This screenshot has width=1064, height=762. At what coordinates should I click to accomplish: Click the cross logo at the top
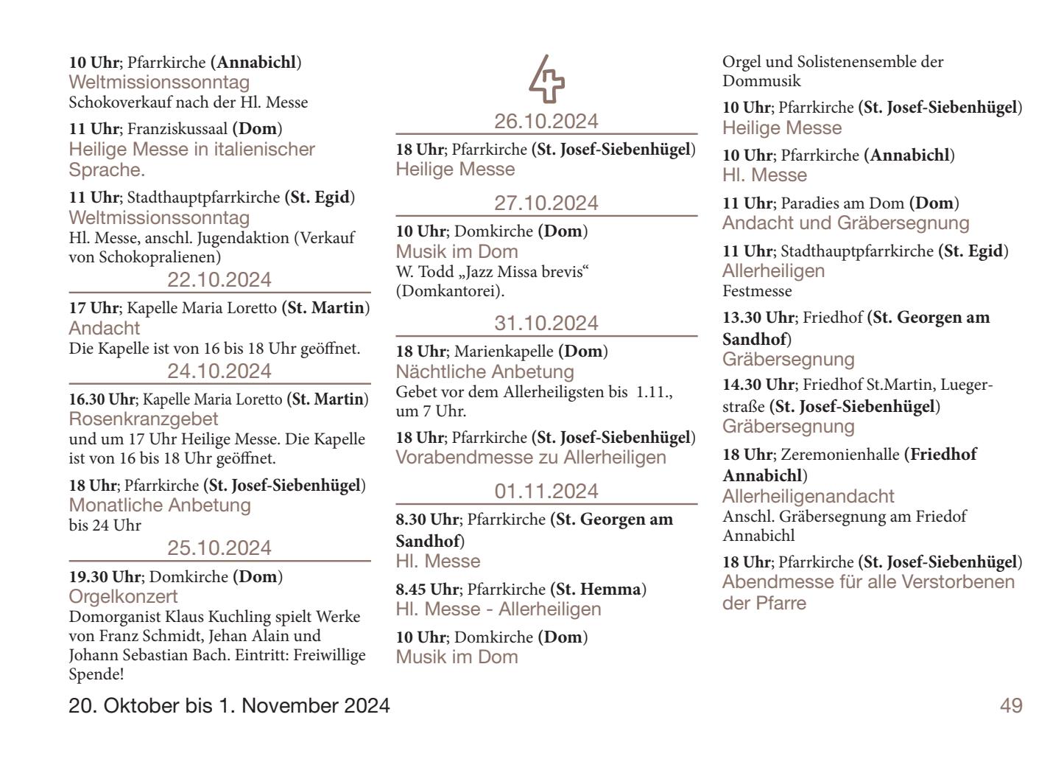[x=546, y=79]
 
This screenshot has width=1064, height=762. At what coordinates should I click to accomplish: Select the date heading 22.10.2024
[x=219, y=280]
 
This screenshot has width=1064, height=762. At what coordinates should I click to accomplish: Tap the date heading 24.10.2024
[x=219, y=371]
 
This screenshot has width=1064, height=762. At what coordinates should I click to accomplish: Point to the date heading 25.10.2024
[x=219, y=548]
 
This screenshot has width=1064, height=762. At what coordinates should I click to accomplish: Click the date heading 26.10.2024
[x=546, y=121]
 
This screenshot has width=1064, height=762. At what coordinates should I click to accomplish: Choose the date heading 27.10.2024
[x=546, y=203]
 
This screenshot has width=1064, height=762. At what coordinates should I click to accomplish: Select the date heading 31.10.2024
[x=546, y=324]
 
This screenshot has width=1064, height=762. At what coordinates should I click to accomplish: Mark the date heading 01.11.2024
[x=546, y=492]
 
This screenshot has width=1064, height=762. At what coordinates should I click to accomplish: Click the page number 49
[x=1010, y=706]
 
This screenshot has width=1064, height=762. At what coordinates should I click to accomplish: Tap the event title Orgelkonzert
[x=124, y=596]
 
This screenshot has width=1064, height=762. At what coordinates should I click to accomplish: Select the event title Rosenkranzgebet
[x=144, y=419]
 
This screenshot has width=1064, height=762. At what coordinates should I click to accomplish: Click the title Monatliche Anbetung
[x=160, y=506]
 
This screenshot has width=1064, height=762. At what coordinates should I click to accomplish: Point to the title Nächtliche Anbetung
[x=485, y=371]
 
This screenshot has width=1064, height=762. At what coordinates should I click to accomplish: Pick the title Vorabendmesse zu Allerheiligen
[x=531, y=458]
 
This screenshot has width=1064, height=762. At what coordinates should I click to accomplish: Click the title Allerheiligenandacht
[x=808, y=496]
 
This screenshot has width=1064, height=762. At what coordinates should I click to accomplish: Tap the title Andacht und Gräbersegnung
[x=845, y=223]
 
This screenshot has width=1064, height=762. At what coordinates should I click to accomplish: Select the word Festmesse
[x=757, y=291]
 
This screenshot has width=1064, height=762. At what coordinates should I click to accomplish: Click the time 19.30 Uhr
[x=104, y=577]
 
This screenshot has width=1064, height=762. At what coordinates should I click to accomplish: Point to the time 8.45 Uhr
[x=427, y=590]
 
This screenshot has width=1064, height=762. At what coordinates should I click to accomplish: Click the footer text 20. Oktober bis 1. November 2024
[x=229, y=706]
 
